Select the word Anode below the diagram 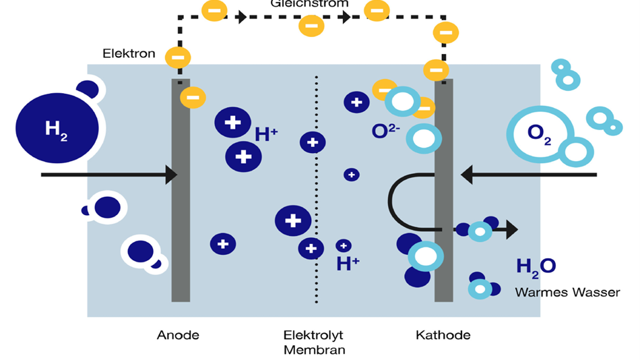(x=178, y=335)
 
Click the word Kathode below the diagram (x=443, y=335)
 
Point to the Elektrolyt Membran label (x=314, y=342)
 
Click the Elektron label (x=129, y=53)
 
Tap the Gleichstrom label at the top (x=309, y=3)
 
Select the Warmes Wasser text (x=567, y=293)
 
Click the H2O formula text (x=536, y=266)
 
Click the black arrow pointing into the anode (x=108, y=175)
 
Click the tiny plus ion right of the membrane (x=352, y=175)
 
